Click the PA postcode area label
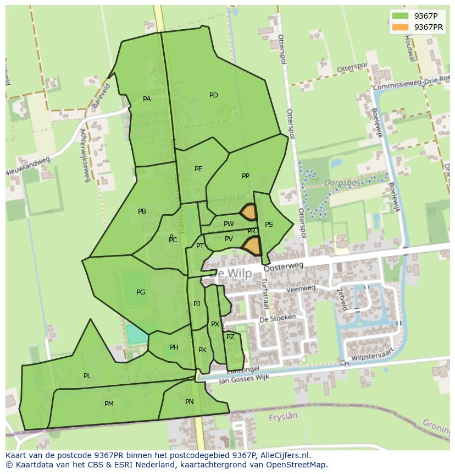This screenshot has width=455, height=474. coord(147,99)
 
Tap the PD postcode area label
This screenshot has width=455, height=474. coord(214,95)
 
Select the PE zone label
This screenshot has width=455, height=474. coord(198,169)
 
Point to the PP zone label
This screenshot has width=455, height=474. coord(246,176)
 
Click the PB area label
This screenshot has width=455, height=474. coord(142,211)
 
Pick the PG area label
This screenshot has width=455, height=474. coord(141,292)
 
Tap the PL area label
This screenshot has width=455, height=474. coord(87,376)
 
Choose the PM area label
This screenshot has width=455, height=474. coord(109,404)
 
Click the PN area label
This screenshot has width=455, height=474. coord(190,402)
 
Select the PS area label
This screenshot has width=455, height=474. coord(269,225)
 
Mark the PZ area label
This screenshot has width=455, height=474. coord(230,337)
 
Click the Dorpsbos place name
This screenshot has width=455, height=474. coord(342,182)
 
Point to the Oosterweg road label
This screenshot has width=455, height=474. coord(284,267)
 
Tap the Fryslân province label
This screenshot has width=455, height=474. coord(283,418)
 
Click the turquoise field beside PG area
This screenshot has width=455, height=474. coord(137,334)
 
